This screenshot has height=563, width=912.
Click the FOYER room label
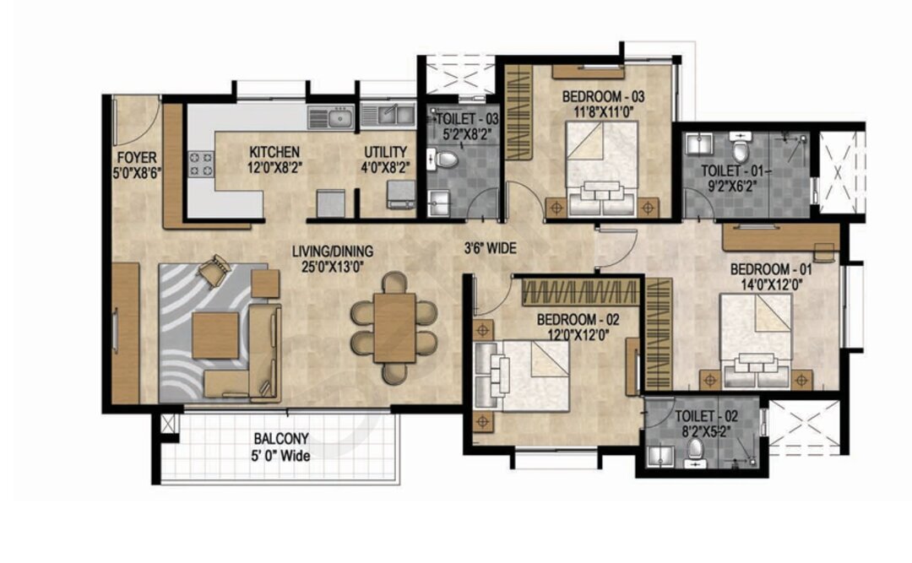pos(138,158)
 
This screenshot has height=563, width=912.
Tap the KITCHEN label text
pos(274,153)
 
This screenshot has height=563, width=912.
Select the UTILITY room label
pos(386,153)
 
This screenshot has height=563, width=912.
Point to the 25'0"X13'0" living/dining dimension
pos(333,268)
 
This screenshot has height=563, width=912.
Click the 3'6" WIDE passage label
pos(490,249)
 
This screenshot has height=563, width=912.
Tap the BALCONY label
pos(281,439)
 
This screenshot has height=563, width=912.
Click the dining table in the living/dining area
pos(394,328)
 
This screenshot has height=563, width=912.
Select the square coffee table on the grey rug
pos(215,336)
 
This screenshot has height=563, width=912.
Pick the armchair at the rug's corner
pos(214,270)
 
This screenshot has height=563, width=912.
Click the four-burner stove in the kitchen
pos(201,164)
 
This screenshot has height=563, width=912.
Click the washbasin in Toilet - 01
pos(698,143)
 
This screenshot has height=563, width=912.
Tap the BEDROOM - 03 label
pos(603,97)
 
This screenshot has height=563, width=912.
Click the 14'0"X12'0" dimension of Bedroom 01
pos(771,284)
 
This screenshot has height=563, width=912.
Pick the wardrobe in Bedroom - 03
pos(518,111)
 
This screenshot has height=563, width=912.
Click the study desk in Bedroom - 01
pos(780,237)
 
